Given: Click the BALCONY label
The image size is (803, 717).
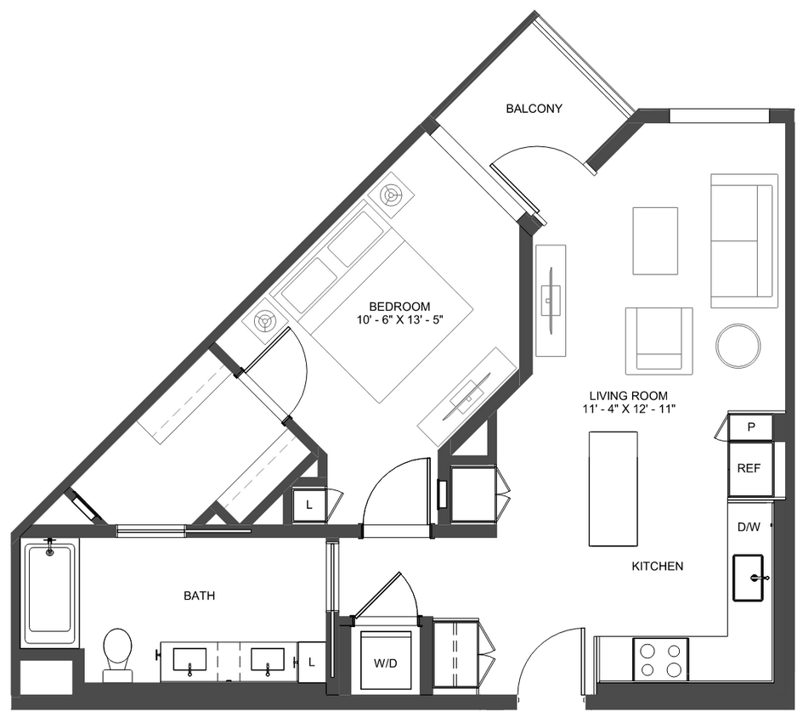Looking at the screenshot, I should tap(534, 109).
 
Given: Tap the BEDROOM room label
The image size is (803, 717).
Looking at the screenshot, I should tap(399, 307).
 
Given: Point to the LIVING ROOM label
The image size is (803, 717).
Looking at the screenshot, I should tap(629, 396).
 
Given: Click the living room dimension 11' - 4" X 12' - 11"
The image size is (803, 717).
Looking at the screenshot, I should tap(629, 409).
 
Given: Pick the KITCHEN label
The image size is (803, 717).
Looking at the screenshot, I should tap(657, 567).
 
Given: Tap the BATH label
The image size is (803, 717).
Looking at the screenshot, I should tap(199, 596).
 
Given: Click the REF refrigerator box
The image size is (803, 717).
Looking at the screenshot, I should tap(749, 468).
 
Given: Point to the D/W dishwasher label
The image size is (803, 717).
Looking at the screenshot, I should tap(749, 527).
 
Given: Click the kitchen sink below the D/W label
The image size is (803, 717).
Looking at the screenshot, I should tap(749, 578).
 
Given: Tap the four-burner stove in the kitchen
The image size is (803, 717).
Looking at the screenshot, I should tap(660, 659).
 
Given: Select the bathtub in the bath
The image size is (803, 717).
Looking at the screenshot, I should tap(50, 593).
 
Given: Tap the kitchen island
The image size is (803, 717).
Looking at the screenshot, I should tap(613, 489).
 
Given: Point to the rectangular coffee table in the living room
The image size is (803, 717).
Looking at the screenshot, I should tap(655, 240).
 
